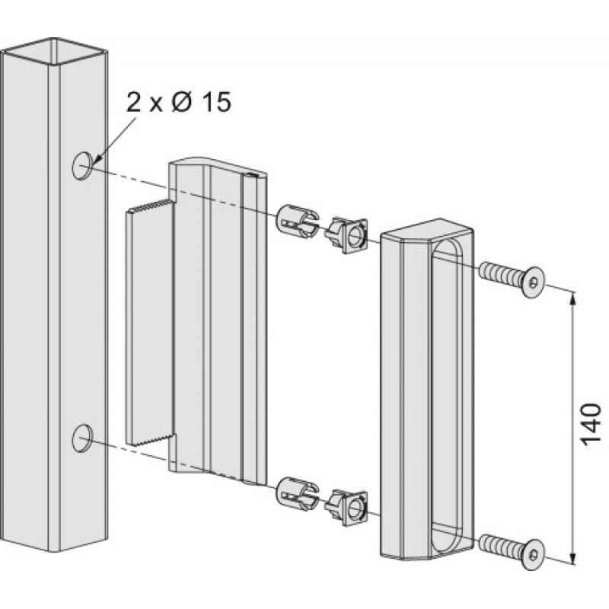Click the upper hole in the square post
tap(83, 164)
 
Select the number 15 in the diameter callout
tap(212, 103)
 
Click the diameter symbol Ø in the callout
tap(180, 103)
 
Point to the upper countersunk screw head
tap(532, 282)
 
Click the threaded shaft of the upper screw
tap(499, 273)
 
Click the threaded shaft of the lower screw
tap(499, 544)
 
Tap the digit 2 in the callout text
tap(134, 103)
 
